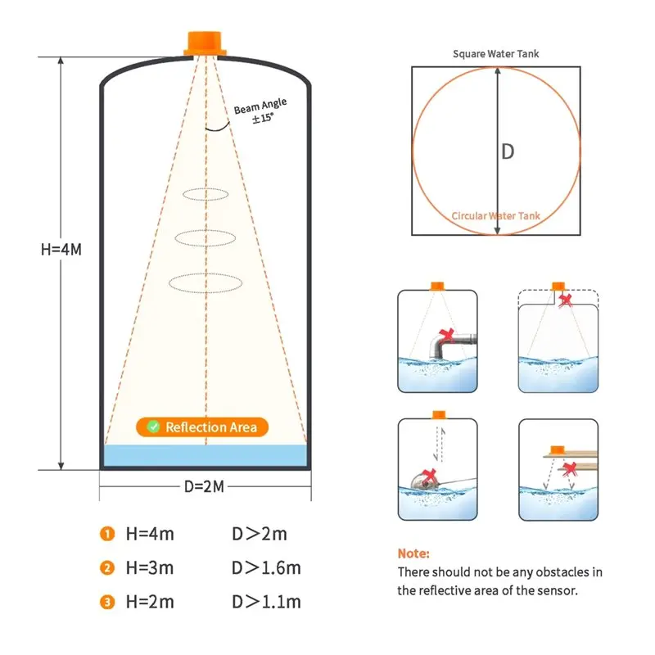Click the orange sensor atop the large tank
coord(205,43)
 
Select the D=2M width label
coord(205,487)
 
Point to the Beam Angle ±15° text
coord(258,112)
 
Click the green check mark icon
coord(152,427)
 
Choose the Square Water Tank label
coord(496,54)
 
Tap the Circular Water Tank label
coord(496,216)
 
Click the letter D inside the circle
coord(508,151)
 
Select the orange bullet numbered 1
coord(107,535)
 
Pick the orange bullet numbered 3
coord(107,602)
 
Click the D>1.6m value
coord(267,568)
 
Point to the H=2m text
coord(150,602)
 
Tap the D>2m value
coord(260,535)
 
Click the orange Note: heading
coord(413,553)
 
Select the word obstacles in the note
coord(554,571)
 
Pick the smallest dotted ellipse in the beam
coord(206,194)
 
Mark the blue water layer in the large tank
coord(205,456)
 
